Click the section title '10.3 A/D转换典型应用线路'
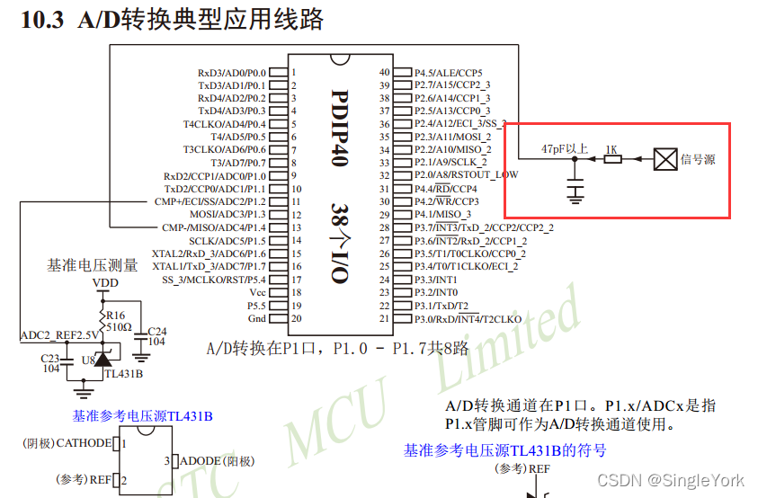[171, 20]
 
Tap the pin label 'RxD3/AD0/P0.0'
[232, 72]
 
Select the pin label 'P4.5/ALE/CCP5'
[449, 72]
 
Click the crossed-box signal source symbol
[664, 159]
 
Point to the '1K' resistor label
[611, 148]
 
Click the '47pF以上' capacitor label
[565, 148]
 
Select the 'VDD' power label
[106, 283]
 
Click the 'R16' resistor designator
[116, 315]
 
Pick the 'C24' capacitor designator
[156, 331]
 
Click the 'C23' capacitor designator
[50, 357]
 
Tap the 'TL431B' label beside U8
[123, 372]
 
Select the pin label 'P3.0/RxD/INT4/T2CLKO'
[468, 319]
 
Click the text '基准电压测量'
[93, 265]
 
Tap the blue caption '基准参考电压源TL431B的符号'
[504, 450]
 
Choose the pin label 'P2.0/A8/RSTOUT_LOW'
[466, 175]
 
